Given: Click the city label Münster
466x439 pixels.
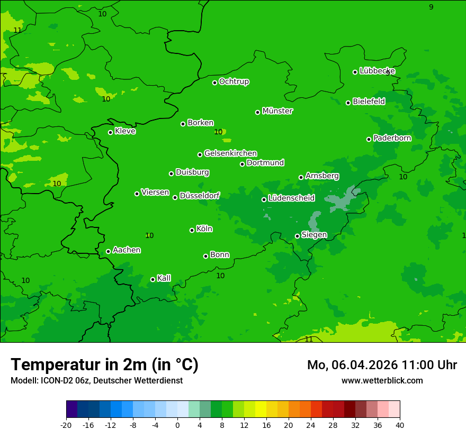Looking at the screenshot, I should click(x=277, y=111).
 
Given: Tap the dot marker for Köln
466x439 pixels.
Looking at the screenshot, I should click(x=192, y=230).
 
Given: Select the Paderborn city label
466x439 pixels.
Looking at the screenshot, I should click(x=392, y=138).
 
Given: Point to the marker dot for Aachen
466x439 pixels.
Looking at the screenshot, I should click(x=109, y=251).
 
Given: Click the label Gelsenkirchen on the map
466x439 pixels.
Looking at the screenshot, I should click(x=230, y=153).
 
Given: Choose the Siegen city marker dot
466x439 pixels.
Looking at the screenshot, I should click(x=297, y=236).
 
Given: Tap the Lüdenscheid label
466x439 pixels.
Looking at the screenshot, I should click(x=291, y=198).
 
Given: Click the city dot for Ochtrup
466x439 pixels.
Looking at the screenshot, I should click(x=215, y=83).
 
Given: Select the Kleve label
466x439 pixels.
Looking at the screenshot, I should click(x=125, y=131).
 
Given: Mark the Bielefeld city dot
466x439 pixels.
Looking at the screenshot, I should click(x=348, y=103).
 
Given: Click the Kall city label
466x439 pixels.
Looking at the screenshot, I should click(x=164, y=278).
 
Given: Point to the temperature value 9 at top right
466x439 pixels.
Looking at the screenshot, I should click(x=431, y=7).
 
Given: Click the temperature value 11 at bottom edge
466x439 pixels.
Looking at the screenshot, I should click(x=309, y=339).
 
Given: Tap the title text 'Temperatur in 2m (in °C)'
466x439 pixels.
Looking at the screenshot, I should click(x=104, y=364).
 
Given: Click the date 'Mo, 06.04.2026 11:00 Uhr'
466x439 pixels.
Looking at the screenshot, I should click(x=382, y=365).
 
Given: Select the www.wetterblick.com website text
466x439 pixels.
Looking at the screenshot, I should click(x=382, y=381).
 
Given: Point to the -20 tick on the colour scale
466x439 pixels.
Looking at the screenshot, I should click(x=66, y=425).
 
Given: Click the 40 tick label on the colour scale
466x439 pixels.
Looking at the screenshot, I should click(x=399, y=425).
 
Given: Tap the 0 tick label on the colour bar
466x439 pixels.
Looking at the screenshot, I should click(x=177, y=425).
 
